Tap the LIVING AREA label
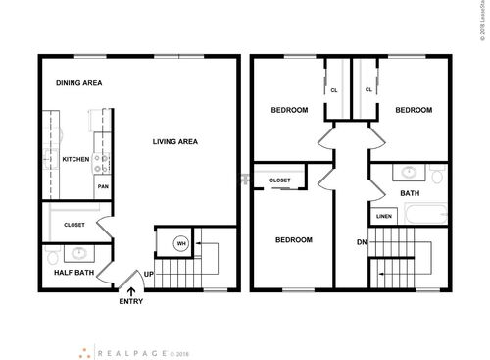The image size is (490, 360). pyautogui.click(x=175, y=142)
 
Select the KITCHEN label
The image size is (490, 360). pyautogui.click(x=76, y=159)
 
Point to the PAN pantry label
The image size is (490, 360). pyautogui.click(x=101, y=184)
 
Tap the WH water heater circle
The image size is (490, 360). pyautogui.click(x=180, y=244)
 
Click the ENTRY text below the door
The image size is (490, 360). pyautogui.click(x=131, y=301)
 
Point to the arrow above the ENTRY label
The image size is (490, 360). pyautogui.click(x=131, y=288)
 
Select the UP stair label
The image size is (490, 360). pyautogui.click(x=149, y=274)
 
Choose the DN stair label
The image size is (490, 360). pyautogui.click(x=362, y=243)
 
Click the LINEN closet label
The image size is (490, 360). pyautogui.click(x=383, y=217)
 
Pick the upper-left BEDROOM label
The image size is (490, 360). pyautogui.click(x=289, y=110)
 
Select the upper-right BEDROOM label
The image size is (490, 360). pyautogui.click(x=413, y=110)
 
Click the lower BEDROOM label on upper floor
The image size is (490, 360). pyautogui.click(x=293, y=240)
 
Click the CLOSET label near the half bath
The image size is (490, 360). pyautogui.click(x=74, y=225)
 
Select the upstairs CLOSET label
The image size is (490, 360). pyautogui.click(x=279, y=180)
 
